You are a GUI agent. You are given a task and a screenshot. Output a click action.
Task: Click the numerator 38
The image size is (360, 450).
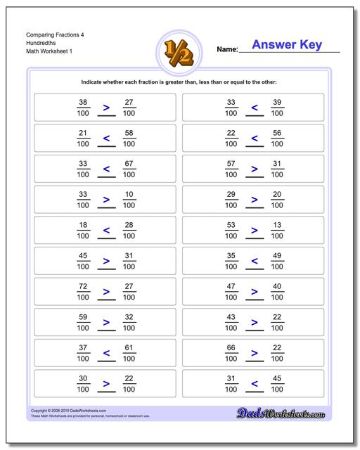[x=84, y=102]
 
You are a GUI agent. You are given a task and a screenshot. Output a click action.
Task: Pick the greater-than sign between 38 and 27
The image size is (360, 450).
[x=107, y=108]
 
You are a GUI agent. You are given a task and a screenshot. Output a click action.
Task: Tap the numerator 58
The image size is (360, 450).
[x=129, y=133]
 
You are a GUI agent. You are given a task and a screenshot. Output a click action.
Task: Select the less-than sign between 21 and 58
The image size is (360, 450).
[x=107, y=139]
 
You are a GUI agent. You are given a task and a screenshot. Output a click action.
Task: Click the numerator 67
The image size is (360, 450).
[x=129, y=163]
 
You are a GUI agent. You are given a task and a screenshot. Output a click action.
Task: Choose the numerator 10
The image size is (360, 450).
[x=129, y=194]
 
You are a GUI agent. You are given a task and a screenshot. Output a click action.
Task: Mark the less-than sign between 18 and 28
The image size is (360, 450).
[x=107, y=231]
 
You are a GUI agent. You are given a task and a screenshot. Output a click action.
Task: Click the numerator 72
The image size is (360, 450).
[x=84, y=286]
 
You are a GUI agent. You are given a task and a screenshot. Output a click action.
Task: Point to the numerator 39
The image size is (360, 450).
[x=277, y=102]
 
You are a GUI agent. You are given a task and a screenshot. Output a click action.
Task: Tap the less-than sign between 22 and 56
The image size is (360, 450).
[x=255, y=139]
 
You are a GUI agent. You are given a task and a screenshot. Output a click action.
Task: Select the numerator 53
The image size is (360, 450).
[x=231, y=225]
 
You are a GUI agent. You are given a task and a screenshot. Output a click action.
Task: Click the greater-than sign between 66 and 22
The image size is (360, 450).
[x=255, y=354]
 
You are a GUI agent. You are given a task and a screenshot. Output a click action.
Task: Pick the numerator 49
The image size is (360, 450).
[x=277, y=255]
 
